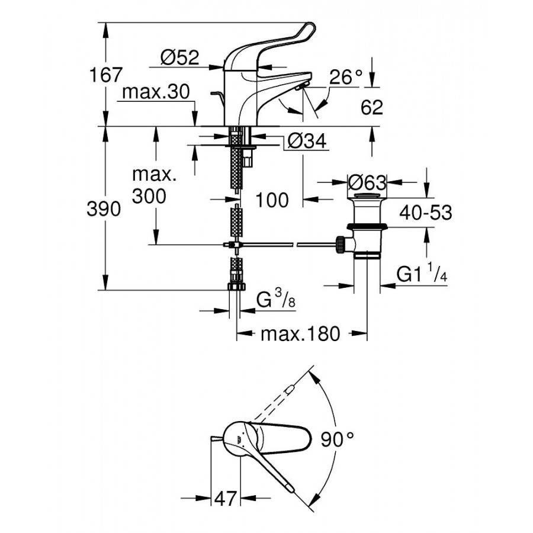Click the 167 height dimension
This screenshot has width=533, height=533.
point(105,75)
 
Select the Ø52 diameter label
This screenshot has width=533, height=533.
point(180,57)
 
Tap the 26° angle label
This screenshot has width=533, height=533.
point(346,77)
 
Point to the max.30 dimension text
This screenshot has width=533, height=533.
point(156,92)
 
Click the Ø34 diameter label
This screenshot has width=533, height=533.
point(307,141)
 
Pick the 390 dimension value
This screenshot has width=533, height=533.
point(104,208)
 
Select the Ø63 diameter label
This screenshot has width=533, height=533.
point(367,183)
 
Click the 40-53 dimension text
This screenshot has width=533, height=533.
point(426,213)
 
